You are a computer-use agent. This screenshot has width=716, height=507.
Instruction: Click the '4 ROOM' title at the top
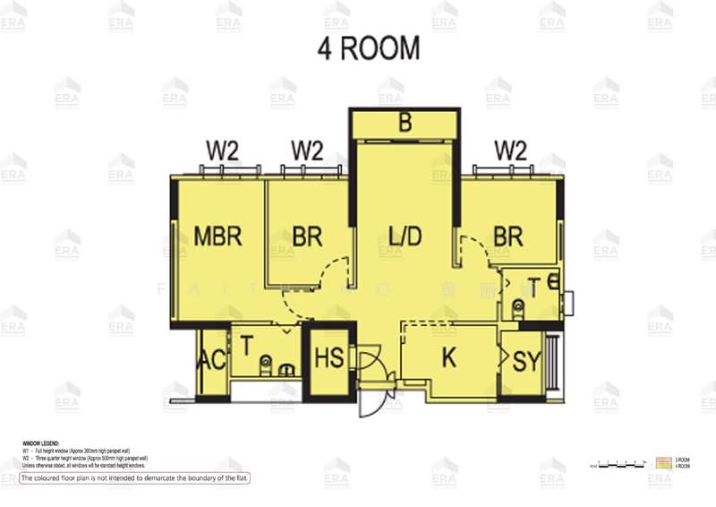tap(368, 48)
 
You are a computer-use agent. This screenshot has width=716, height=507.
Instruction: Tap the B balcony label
tap(405, 124)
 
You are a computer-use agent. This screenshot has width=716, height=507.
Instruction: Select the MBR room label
tap(218, 236)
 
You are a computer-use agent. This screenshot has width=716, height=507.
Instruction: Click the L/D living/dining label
tap(405, 236)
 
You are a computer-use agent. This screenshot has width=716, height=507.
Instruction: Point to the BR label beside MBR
tap(307, 236)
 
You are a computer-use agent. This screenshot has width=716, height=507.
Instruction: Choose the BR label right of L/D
tap(508, 236)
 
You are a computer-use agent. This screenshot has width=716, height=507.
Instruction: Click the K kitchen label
tap(450, 357)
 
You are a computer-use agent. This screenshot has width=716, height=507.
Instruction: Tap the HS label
tap(328, 359)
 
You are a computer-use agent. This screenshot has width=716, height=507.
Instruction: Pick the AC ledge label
tap(211, 361)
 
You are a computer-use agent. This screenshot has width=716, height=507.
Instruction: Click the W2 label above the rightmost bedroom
tap(510, 150)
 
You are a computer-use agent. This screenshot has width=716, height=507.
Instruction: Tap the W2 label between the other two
tap(307, 150)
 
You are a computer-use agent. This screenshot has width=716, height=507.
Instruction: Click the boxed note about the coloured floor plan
tap(134, 478)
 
